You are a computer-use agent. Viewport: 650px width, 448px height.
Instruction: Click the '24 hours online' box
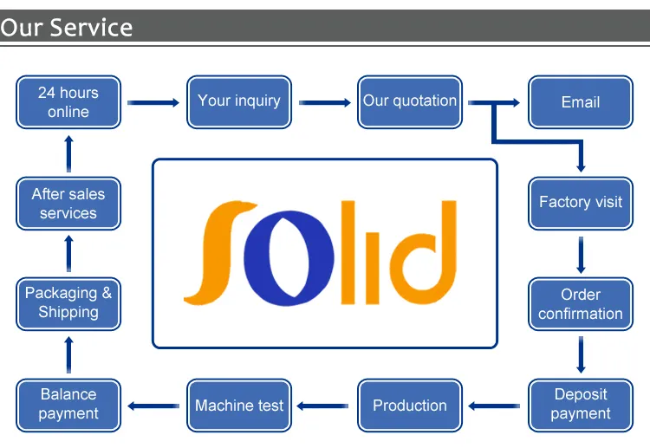68,102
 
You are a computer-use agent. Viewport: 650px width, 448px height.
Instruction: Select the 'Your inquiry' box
239,102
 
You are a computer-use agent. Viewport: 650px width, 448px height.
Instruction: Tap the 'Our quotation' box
410,102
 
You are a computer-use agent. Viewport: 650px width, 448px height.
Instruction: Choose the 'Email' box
581,102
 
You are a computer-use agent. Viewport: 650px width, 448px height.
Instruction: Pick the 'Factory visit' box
581,203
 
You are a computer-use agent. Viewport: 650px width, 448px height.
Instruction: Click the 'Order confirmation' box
581,304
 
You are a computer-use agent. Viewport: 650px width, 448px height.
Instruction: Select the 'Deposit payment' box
581,406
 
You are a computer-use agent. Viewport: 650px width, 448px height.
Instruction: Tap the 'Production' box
410,406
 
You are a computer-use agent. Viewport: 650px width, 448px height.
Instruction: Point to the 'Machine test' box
239,406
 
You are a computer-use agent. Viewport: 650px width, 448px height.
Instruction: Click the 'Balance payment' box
68,406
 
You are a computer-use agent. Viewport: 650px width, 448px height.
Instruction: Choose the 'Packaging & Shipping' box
68,304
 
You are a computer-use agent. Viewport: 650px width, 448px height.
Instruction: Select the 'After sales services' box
68,203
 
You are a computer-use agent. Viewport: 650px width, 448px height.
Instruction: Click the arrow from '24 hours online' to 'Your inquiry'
153,102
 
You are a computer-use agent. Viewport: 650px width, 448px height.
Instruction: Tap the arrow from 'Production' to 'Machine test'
322,406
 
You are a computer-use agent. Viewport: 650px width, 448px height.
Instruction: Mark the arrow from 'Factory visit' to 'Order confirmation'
581,255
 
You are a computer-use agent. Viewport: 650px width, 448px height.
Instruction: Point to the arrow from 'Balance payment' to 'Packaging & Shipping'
68,354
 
